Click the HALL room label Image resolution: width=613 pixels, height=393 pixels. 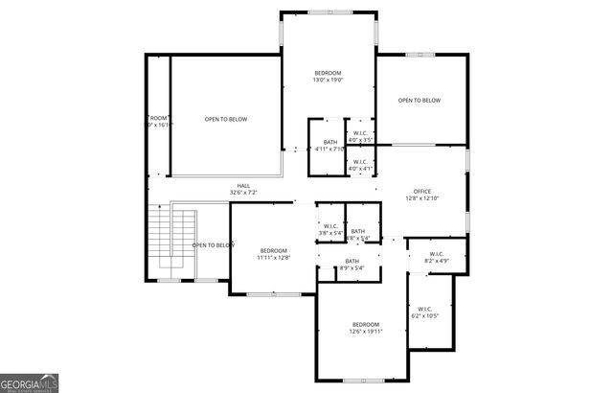point(244,186)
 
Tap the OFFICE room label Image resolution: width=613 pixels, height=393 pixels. point(422,191)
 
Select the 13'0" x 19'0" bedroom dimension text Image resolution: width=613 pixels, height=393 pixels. point(328,81)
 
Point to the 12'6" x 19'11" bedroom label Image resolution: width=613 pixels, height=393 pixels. point(366,332)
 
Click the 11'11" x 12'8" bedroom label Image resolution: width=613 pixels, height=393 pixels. point(273,257)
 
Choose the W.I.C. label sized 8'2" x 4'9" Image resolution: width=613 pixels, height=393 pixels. point(436,260)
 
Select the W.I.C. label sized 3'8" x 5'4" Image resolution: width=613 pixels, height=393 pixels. point(329,232)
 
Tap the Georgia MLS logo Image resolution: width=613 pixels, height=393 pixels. point(30,382)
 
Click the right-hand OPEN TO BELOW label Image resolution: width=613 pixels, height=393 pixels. point(420,101)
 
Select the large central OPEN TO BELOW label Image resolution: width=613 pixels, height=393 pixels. point(226,119)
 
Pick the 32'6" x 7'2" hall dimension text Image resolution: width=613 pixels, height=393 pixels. point(244,193)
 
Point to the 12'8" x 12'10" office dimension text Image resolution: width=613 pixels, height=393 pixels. point(422,198)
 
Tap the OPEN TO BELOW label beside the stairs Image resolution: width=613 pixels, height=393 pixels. point(214,245)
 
